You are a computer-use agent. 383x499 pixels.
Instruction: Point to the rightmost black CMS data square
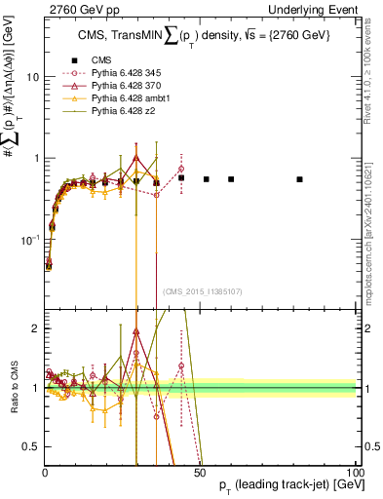[299, 179]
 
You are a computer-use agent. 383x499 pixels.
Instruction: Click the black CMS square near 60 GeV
[231, 179]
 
